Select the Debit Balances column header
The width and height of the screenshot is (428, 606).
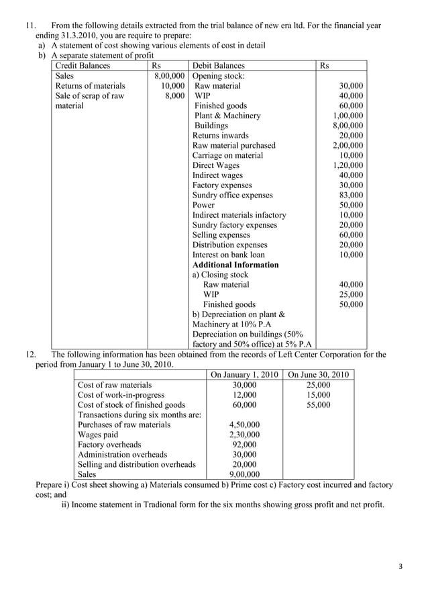pyautogui.click(x=219, y=66)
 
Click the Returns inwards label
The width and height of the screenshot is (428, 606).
pyautogui.click(x=220, y=135)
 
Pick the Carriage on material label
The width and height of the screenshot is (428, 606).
pyautogui.click(x=227, y=155)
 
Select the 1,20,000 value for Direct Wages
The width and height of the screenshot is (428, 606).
pyautogui.click(x=348, y=165)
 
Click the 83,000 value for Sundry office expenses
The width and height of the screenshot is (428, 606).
pyautogui.click(x=351, y=195)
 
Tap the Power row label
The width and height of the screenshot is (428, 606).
pyautogui.click(x=203, y=205)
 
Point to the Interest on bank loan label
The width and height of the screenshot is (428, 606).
pyautogui.click(x=228, y=255)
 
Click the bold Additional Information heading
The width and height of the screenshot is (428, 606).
pyautogui.click(x=235, y=265)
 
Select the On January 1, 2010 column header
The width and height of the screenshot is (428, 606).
pyautogui.click(x=244, y=374)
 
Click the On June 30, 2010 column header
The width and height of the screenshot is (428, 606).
pyautogui.click(x=319, y=374)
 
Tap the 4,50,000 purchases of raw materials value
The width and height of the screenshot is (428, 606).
pyautogui.click(x=244, y=425)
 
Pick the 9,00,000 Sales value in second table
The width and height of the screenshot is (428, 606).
pyautogui.click(x=244, y=474)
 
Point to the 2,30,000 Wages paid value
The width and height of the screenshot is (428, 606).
pyautogui.click(x=244, y=435)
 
